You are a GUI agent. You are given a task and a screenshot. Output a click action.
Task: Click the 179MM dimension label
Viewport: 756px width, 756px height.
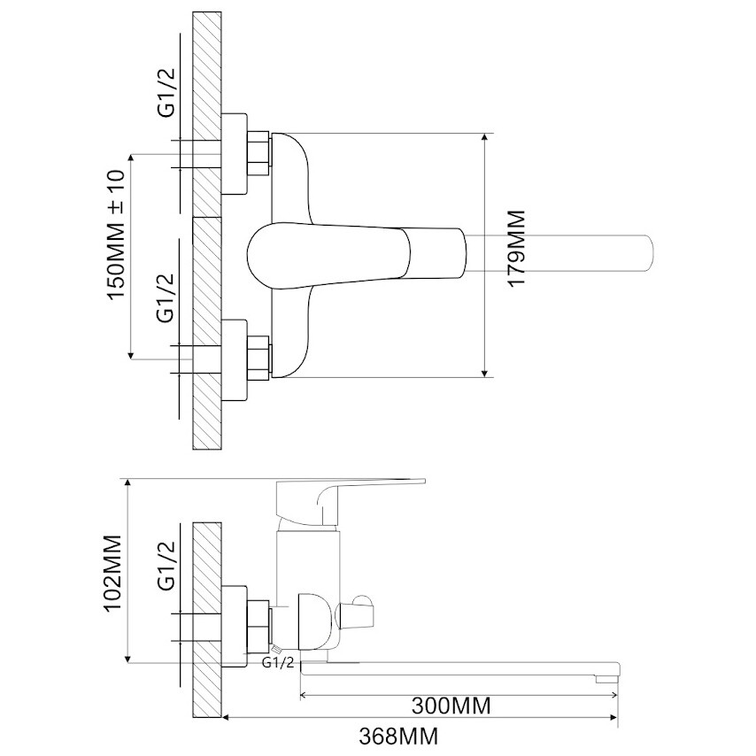pos(516,249)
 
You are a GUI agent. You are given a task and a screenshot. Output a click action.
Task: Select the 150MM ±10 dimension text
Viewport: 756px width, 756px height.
pos(116,235)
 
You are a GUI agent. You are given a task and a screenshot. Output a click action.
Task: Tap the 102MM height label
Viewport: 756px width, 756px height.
pos(114,572)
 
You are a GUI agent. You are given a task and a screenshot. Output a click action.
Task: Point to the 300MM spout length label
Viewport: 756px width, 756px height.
pos(451,706)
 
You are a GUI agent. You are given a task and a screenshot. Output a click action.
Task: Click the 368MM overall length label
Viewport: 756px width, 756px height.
pos(398,737)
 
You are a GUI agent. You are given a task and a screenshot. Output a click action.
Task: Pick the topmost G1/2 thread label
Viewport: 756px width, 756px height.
pos(166,94)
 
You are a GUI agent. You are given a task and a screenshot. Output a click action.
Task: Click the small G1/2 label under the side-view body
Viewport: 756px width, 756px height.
pos(278,662)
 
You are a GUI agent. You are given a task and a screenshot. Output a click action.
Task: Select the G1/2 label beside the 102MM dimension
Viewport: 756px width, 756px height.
pos(166,566)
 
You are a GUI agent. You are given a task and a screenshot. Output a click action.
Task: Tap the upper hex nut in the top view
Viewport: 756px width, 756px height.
pos(258,153)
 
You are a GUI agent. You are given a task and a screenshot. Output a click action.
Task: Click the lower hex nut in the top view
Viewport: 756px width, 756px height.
pos(258,359)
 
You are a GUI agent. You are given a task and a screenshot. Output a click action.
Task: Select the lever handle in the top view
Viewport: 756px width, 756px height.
pos(356,256)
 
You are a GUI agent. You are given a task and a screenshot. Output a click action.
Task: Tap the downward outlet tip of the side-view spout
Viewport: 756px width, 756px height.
pos(606,679)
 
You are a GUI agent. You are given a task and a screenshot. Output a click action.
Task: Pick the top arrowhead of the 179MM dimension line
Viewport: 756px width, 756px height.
pos(485,137)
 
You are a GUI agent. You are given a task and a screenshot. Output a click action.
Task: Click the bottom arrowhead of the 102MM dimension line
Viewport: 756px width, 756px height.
pos(128,658)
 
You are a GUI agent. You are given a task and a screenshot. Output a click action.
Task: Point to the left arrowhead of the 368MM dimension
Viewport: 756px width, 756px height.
pos(226,718)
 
